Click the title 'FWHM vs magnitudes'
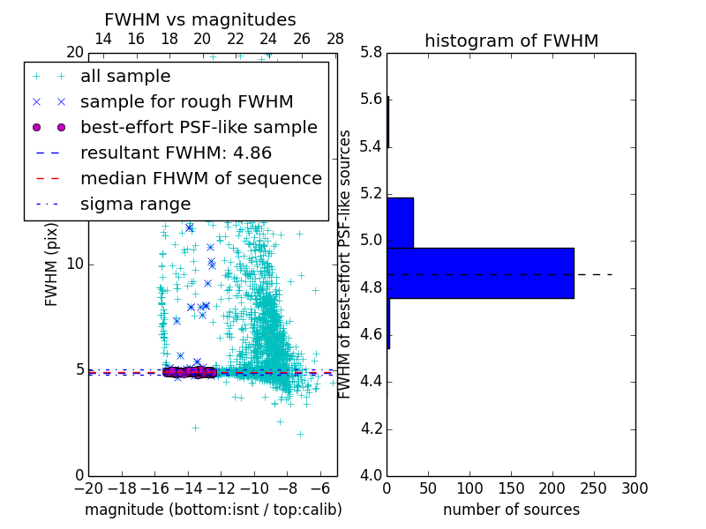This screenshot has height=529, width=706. click(x=200, y=19)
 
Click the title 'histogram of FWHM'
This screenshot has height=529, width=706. click(x=511, y=41)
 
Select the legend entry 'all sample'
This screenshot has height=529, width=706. click(x=125, y=77)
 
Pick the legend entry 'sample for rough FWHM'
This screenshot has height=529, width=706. click(x=186, y=102)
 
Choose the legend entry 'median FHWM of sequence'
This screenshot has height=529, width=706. click(x=200, y=178)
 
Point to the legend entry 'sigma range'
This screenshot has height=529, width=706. click(x=135, y=204)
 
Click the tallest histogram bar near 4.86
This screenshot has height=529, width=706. click(x=480, y=273)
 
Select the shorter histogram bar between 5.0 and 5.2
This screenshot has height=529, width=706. click(x=400, y=222)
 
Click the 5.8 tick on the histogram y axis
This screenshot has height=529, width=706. click(x=371, y=52)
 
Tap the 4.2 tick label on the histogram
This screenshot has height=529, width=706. click(x=371, y=429)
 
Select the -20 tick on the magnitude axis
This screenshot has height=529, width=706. click(x=88, y=488)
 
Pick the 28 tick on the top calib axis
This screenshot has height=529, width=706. click(x=335, y=40)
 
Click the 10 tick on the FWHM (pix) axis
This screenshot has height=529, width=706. click(x=75, y=264)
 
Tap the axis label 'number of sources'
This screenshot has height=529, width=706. click(x=511, y=510)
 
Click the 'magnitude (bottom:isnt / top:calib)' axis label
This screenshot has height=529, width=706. click(x=213, y=510)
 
